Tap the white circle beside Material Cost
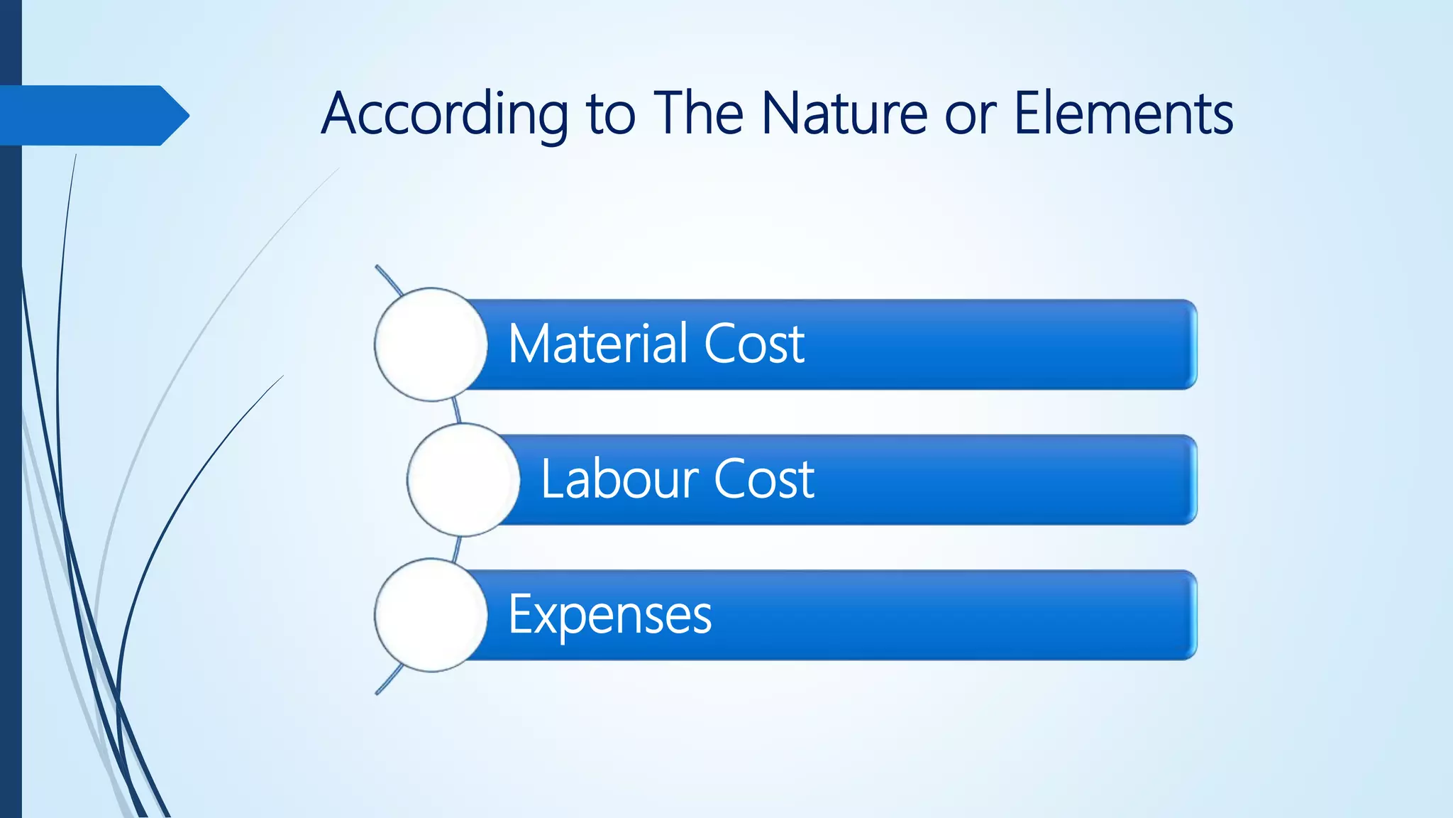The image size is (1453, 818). point(431,344)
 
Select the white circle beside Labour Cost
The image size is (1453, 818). point(463,480)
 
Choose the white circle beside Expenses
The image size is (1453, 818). point(431,615)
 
